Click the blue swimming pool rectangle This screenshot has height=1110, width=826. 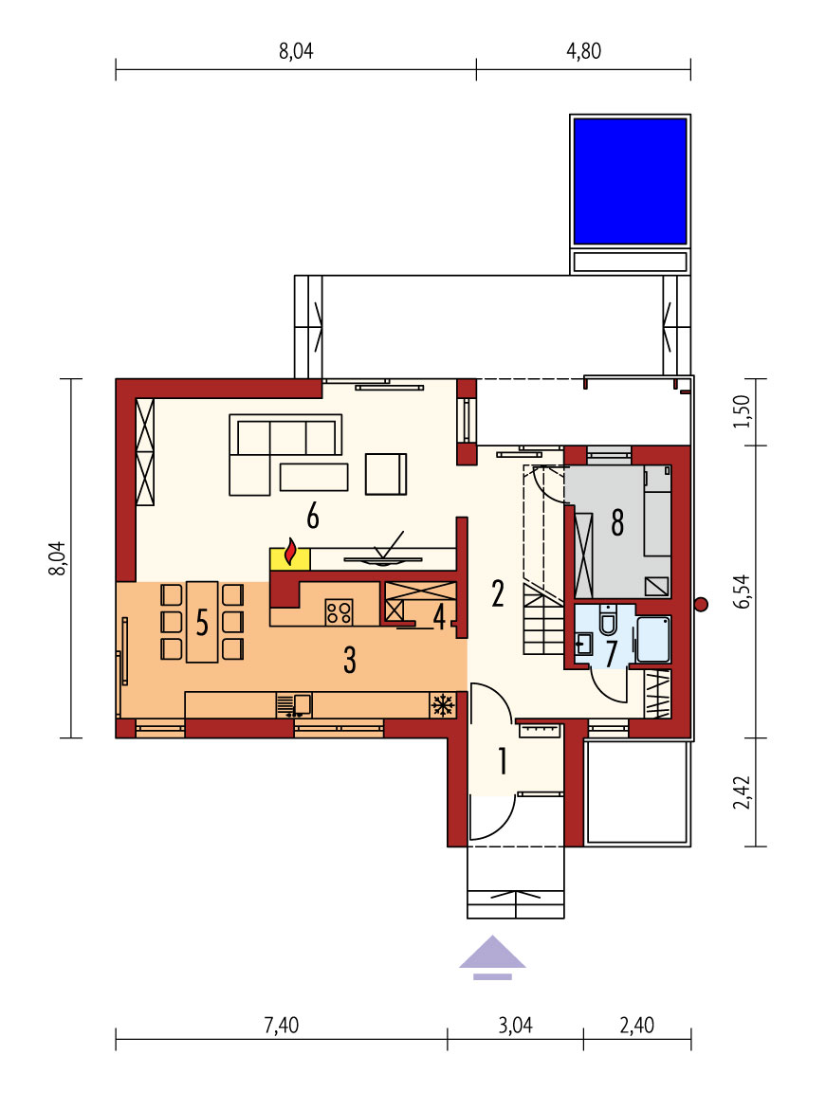pos(630,181)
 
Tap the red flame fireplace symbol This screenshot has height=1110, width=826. pos(290,553)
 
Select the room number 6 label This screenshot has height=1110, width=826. pos(312,517)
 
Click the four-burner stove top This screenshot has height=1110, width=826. pos(339,611)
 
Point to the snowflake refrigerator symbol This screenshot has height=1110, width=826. pos(443,705)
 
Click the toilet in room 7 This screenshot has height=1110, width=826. pos(608,620)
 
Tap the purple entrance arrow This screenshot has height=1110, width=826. pos(492,957)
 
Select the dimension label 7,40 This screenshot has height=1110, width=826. pos(282,1025)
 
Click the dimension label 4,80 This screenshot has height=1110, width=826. pos(584,51)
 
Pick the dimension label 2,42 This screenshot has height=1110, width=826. pos(742,792)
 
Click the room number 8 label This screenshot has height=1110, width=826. pos(617,522)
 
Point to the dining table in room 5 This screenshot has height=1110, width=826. pos(202,622)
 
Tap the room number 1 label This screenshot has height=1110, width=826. pos(503,761)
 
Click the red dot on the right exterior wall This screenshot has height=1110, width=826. pos(702,604)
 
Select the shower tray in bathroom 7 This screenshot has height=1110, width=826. pos(652,640)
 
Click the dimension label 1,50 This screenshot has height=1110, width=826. pos(742,411)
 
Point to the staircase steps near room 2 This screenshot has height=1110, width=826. pos(543,618)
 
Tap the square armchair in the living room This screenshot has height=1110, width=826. pos(386,473)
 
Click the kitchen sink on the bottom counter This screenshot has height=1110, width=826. pos(293,705)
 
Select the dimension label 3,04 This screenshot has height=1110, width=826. pos(515,1025)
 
